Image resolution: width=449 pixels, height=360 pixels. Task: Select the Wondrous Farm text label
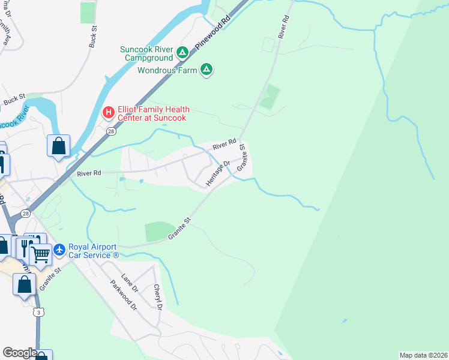(x=167, y=70)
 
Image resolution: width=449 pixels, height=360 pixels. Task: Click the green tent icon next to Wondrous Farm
(x=206, y=70)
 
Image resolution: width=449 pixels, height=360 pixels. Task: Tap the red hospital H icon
(x=109, y=112)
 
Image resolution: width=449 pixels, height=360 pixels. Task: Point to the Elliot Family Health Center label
(x=154, y=113)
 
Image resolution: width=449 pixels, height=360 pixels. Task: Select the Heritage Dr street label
(x=218, y=173)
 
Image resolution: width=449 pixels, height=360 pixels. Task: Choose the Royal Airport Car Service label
(x=94, y=250)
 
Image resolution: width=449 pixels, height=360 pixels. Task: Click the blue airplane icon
(x=59, y=248)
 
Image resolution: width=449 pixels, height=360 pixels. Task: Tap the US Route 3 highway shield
(x=38, y=313)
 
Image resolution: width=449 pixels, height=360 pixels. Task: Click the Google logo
(x=19, y=353)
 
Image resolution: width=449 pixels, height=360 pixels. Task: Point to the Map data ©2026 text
(x=423, y=355)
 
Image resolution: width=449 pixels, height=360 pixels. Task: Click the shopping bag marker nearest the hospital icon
(x=58, y=145)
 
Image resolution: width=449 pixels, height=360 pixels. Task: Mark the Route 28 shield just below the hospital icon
(x=110, y=131)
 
